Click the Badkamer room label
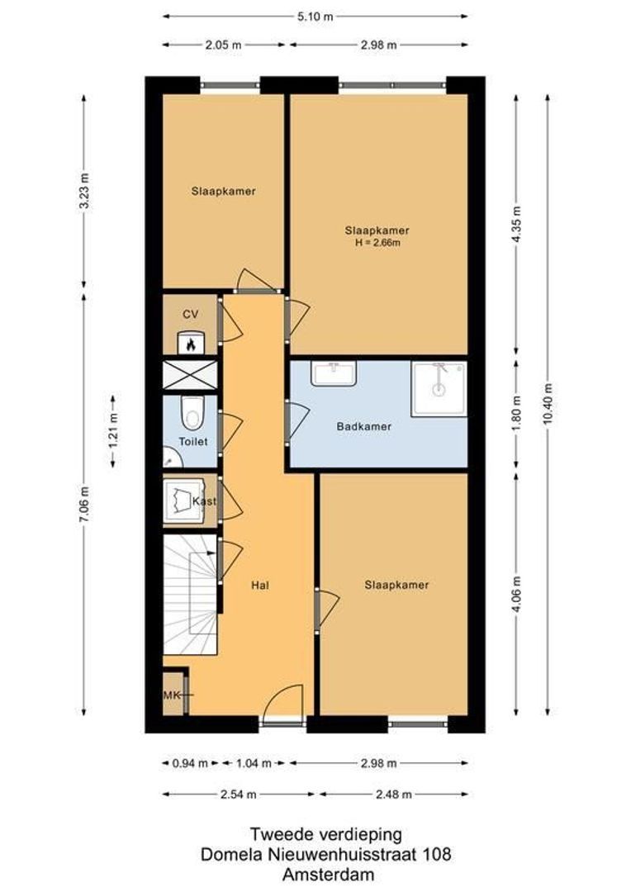pos(363,427)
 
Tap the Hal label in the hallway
pos(261,585)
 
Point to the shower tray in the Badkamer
pos(439,389)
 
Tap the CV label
pos(191,314)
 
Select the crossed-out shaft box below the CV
pos(191,375)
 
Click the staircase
pos(192,593)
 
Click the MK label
pos(172,695)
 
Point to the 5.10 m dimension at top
pos(315,16)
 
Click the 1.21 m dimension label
pos(113,429)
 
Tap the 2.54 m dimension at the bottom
pos(238,795)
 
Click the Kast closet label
pos(203,501)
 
